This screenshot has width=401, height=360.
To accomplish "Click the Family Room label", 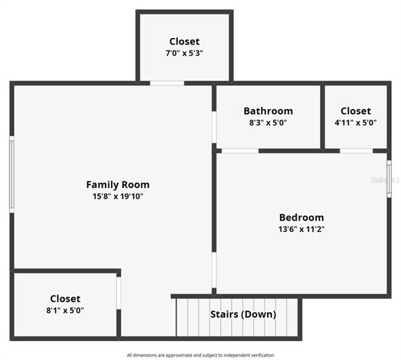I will click(x=118, y=184).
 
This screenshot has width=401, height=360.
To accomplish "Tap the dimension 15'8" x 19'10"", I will click(x=118, y=196).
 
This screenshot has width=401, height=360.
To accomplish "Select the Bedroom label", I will click(x=301, y=217).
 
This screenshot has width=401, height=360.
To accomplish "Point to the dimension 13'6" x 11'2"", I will click(x=301, y=229).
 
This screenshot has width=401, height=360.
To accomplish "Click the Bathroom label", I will click(x=268, y=111).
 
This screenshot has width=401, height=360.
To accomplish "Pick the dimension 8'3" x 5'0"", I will click(x=268, y=123).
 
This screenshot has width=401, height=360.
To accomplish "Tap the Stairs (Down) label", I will click(x=243, y=314).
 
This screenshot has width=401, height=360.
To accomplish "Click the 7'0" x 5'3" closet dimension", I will click(x=185, y=53).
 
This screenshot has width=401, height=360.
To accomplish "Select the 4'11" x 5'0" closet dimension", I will click(x=355, y=123).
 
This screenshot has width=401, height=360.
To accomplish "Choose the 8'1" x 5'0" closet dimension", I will click(x=65, y=311).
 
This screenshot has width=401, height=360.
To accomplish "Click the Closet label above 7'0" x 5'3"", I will click(x=185, y=41).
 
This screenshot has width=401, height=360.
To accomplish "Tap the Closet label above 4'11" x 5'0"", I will click(x=355, y=111).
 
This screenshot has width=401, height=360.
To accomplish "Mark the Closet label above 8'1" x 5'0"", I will click(x=65, y=298).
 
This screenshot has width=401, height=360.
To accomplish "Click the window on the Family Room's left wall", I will click(x=11, y=175).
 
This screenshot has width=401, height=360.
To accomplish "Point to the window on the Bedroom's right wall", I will click(x=389, y=179).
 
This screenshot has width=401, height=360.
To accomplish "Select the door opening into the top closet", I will click(x=166, y=83).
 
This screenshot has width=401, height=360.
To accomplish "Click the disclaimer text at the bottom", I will click(x=200, y=355).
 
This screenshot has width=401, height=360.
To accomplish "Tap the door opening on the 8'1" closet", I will click(x=118, y=292).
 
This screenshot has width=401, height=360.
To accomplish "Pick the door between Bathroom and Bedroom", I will click(x=239, y=150).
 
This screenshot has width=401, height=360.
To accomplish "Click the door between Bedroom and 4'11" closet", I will click(x=356, y=150).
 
